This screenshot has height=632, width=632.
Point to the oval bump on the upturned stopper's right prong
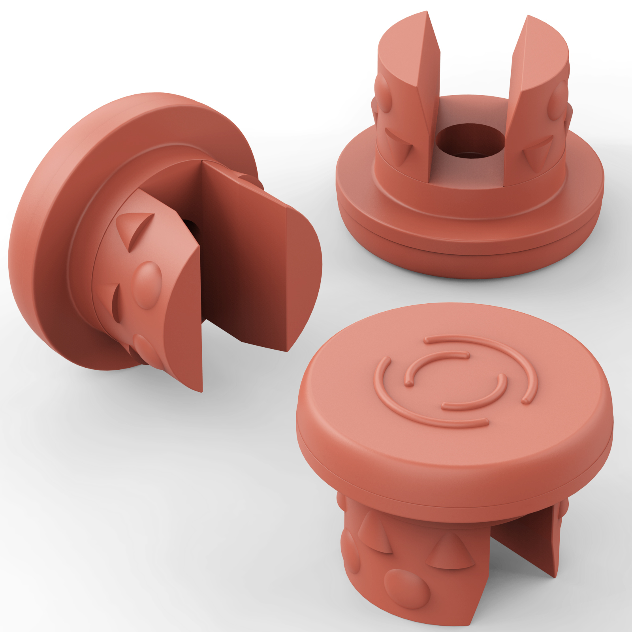558,101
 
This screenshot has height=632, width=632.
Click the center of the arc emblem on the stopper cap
456,381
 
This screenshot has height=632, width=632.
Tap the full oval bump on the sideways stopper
147,284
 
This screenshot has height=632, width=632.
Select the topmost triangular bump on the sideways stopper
134,229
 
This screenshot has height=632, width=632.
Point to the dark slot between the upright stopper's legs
521,541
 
